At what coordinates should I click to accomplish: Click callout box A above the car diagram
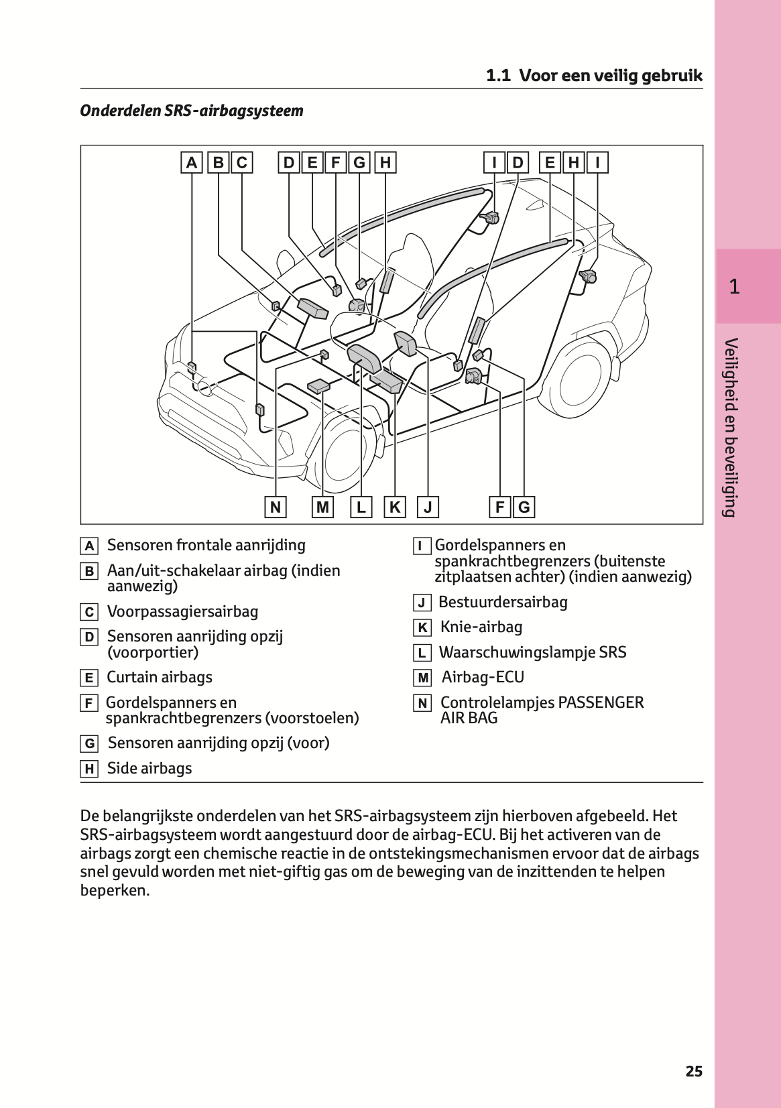click(192, 163)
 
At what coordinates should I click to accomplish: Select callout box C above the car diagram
click(242, 163)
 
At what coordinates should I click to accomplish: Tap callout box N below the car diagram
click(276, 507)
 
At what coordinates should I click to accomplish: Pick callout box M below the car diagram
click(323, 507)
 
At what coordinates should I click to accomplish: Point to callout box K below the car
click(395, 507)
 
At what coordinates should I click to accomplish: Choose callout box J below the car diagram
click(428, 507)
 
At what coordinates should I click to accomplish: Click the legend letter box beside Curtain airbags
click(88, 678)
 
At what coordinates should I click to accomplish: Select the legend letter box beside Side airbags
click(88, 770)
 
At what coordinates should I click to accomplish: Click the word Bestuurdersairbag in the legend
click(503, 603)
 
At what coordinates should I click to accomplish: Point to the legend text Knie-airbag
click(481, 627)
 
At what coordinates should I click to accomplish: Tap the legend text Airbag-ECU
click(483, 678)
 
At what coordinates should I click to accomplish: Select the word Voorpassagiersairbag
click(182, 612)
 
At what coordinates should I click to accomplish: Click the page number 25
click(694, 1071)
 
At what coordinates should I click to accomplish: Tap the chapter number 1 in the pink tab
click(735, 287)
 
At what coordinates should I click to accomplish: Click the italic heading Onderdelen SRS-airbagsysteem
click(192, 111)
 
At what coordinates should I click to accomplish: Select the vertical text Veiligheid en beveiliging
click(731, 428)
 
